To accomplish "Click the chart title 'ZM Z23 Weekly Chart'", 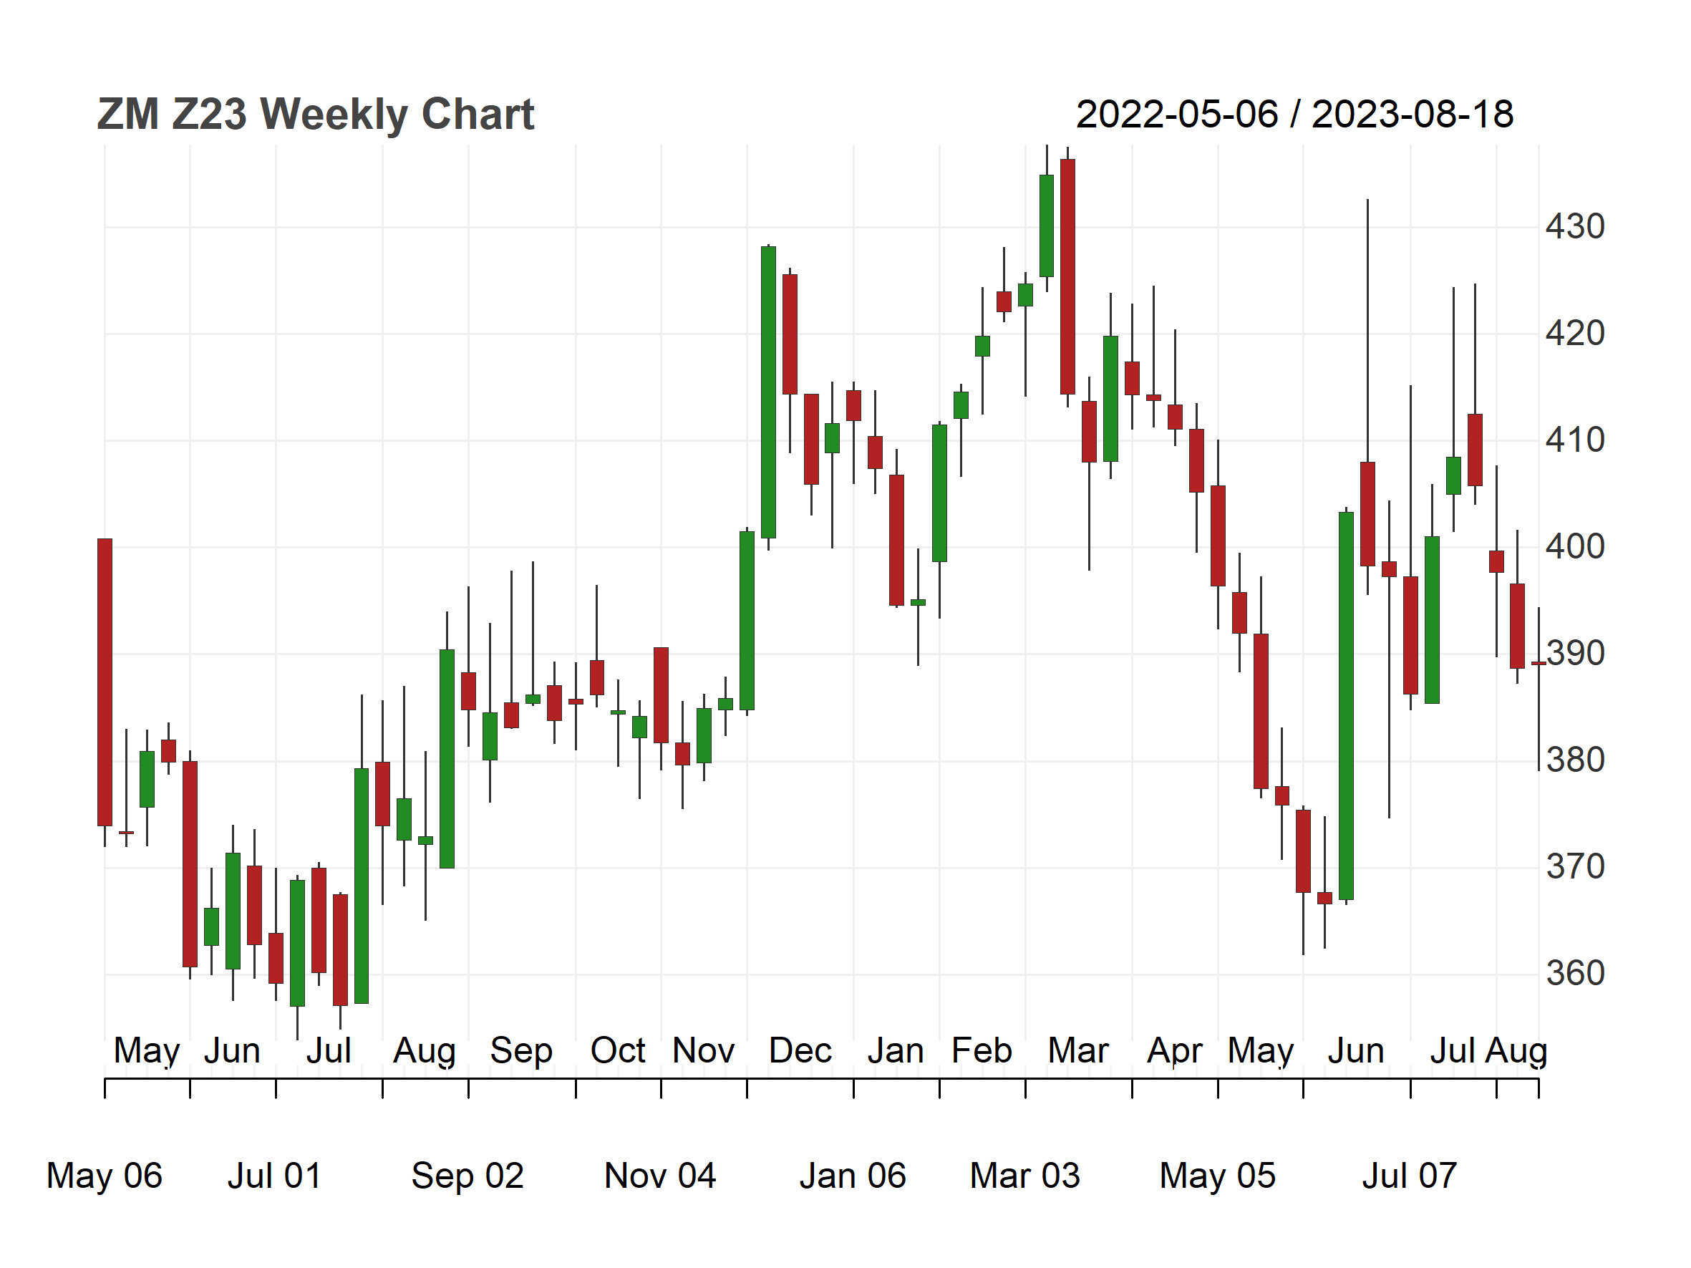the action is pyautogui.click(x=315, y=115).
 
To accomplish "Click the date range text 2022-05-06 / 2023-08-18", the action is pyautogui.click(x=1294, y=115).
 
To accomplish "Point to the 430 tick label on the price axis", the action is pyautogui.click(x=1575, y=227).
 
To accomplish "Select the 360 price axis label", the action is pyautogui.click(x=1575, y=974).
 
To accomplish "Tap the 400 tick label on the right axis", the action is pyautogui.click(x=1575, y=547).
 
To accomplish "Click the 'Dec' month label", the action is pyautogui.click(x=800, y=1051).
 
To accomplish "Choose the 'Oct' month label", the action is pyautogui.click(x=618, y=1051).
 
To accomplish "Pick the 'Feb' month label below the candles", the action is pyautogui.click(x=982, y=1051).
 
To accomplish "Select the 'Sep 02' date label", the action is pyautogui.click(x=467, y=1176).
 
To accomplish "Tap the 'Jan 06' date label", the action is pyautogui.click(x=853, y=1176).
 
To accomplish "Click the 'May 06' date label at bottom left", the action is pyautogui.click(x=104, y=1176).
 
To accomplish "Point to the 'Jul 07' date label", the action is pyautogui.click(x=1410, y=1176).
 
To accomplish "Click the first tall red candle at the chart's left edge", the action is pyautogui.click(x=105, y=682).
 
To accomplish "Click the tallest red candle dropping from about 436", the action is pyautogui.click(x=1068, y=276).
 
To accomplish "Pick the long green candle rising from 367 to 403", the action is pyautogui.click(x=1346, y=705).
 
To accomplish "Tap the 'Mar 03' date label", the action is pyautogui.click(x=1024, y=1176).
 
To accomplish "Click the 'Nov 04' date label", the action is pyautogui.click(x=660, y=1176).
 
